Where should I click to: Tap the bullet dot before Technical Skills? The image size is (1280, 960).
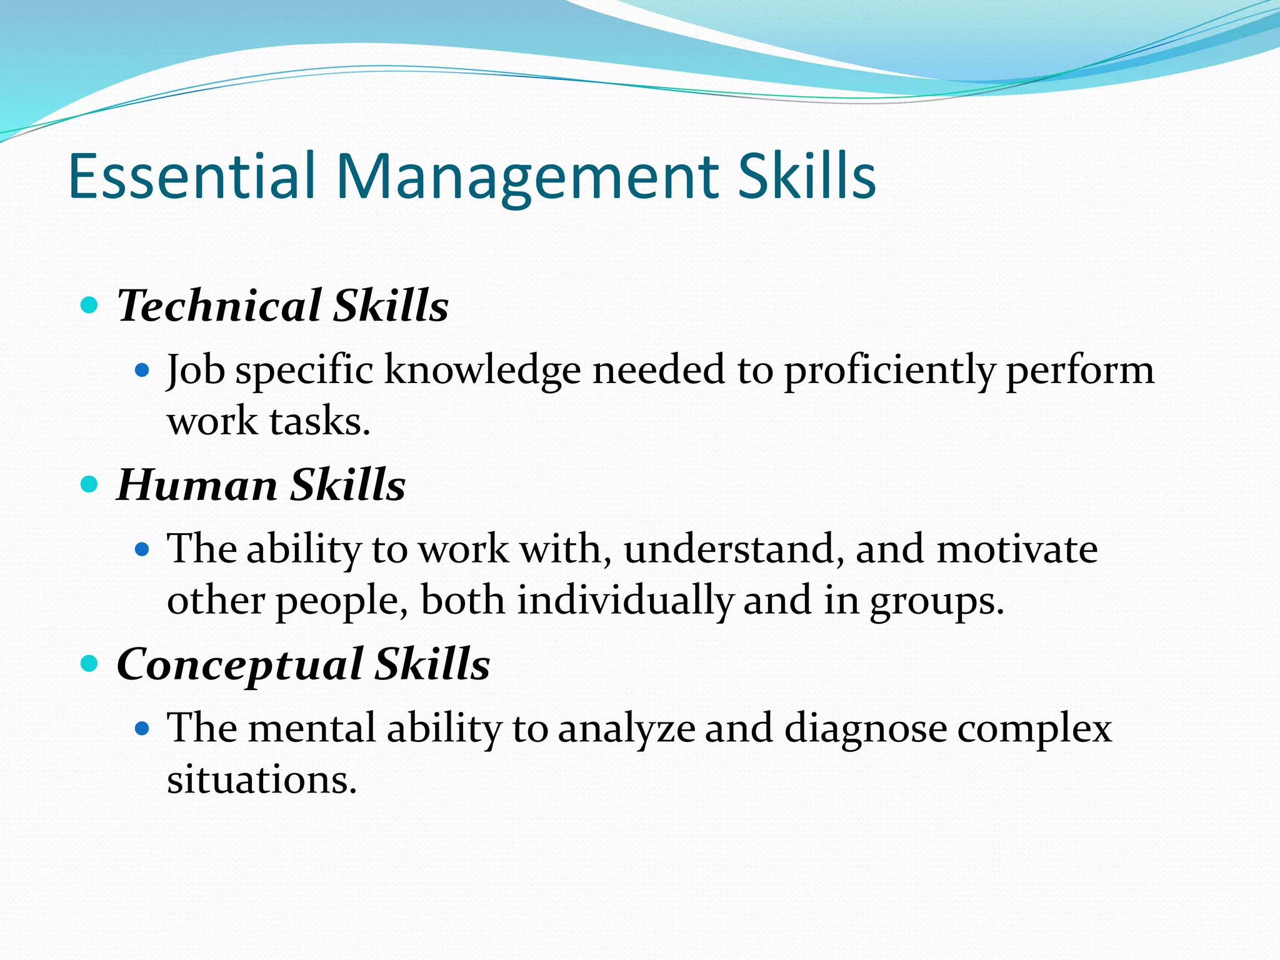coord(90,306)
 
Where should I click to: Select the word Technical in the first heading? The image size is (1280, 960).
coord(219,306)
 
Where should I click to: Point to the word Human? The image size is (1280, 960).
coord(197,485)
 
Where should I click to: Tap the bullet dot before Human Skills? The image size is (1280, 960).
coord(90,484)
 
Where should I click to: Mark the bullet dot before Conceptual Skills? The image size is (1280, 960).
coord(90,663)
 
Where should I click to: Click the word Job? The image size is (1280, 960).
coord(196,370)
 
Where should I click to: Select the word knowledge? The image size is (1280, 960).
coord(482,370)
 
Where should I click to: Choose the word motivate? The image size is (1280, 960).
coord(1017,549)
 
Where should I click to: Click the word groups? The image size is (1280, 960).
coord(936,601)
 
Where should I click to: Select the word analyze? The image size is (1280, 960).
coord(626,729)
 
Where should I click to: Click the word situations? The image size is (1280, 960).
coord(261,780)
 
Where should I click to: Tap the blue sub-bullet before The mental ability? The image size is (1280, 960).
coord(143,728)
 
